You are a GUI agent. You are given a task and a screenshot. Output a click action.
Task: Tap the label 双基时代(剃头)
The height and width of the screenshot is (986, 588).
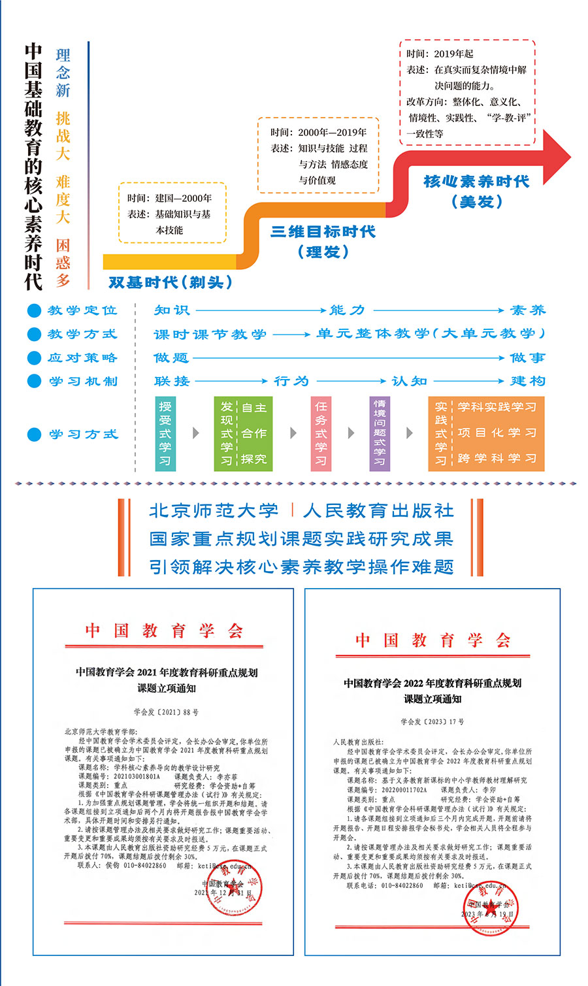[x=171, y=282]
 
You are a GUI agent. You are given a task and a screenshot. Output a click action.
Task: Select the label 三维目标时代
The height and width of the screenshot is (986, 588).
[x=323, y=232]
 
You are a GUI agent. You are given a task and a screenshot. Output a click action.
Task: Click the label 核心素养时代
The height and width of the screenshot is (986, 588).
[x=476, y=182]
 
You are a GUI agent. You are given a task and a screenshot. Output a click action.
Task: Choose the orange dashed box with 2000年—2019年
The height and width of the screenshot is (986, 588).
[x=318, y=156]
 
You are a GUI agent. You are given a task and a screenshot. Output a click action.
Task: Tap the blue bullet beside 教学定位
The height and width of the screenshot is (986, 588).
[x=34, y=311]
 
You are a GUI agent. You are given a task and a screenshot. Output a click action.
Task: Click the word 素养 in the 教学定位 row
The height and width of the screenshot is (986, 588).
[x=527, y=310]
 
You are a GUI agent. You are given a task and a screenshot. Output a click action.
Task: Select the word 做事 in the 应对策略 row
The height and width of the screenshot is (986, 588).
[x=527, y=357]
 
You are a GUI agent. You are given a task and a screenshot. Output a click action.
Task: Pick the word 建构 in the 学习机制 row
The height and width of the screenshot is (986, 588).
[x=527, y=381]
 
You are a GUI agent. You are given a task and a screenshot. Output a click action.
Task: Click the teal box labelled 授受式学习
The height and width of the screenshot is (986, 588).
[x=165, y=433]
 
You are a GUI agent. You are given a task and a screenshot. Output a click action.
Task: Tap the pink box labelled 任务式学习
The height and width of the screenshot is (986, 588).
[x=321, y=433]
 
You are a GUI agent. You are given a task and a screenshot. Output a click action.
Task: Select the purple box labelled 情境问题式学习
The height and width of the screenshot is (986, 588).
[x=380, y=433]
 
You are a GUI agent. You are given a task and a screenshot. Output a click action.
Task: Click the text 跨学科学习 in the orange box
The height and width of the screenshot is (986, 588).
[x=497, y=458]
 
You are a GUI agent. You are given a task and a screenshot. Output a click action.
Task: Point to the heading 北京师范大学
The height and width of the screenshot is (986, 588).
[x=214, y=510]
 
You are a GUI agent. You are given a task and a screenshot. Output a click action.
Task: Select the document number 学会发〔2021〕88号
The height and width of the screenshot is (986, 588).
[x=166, y=712]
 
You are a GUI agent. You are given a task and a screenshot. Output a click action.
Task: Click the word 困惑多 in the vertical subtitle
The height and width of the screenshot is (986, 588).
[x=63, y=263]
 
